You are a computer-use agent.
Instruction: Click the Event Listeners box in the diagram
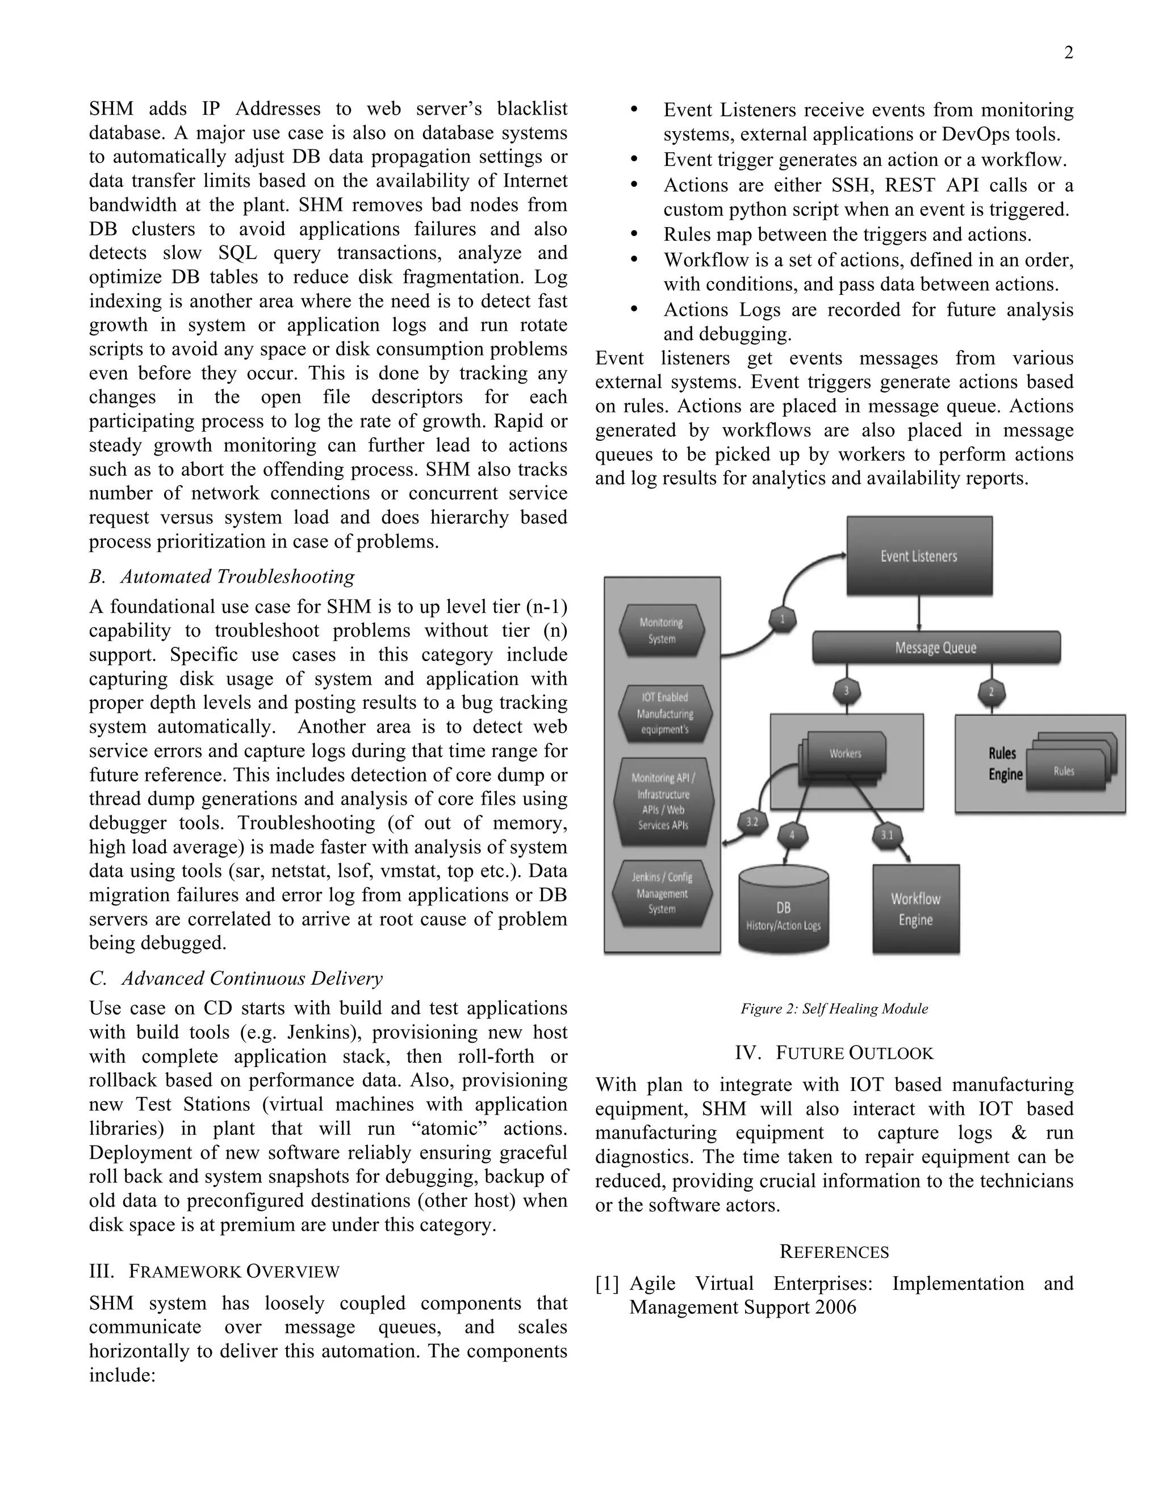[919, 555]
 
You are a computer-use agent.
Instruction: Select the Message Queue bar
[936, 648]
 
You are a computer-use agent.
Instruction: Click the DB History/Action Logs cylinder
[783, 913]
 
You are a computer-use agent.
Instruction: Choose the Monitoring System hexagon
[662, 630]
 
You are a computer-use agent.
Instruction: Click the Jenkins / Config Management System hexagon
[662, 893]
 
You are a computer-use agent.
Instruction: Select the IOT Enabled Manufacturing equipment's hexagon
[664, 713]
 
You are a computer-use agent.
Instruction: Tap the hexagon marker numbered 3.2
[752, 822]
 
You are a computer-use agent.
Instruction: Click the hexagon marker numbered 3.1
[886, 835]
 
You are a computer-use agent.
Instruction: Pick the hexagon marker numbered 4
[792, 835]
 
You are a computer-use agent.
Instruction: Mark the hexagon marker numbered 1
[782, 619]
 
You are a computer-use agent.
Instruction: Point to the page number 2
[1068, 53]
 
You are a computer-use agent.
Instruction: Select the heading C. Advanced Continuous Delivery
[235, 978]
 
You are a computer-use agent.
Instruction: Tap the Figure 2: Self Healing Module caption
[834, 1009]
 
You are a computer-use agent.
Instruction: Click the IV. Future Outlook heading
[834, 1053]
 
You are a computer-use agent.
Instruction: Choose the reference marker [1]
[607, 1284]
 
